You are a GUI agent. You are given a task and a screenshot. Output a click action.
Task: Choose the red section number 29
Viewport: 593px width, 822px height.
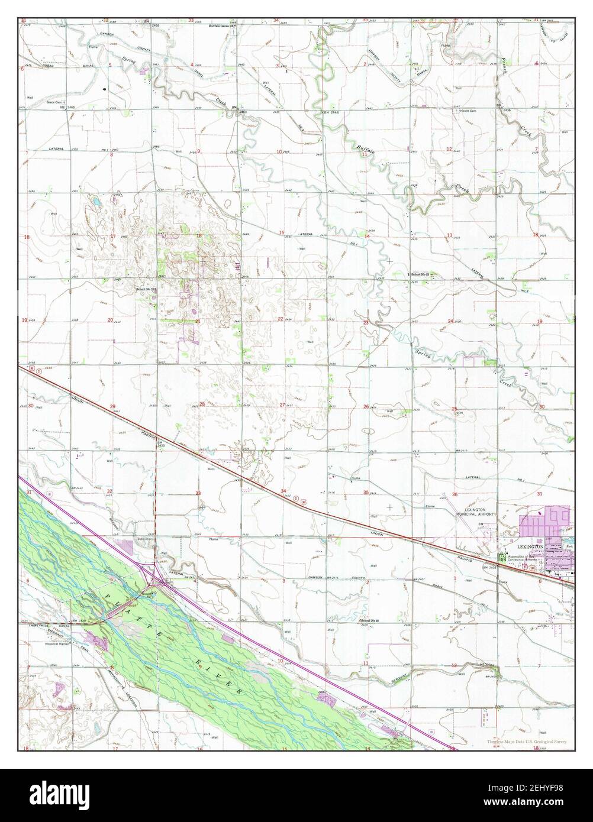click(112, 407)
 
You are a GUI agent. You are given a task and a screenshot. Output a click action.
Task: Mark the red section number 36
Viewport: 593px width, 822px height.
click(455, 494)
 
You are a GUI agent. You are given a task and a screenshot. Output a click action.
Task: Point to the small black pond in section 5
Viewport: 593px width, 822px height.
click(105, 89)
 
